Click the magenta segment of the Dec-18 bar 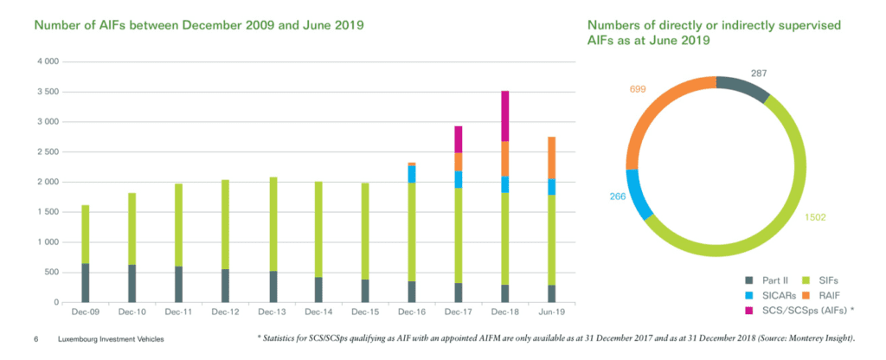[505, 116]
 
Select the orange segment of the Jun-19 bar [552, 157]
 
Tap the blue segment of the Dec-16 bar [412, 174]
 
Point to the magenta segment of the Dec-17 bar [459, 139]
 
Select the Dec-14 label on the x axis [318, 311]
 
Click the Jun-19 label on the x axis [552, 311]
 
